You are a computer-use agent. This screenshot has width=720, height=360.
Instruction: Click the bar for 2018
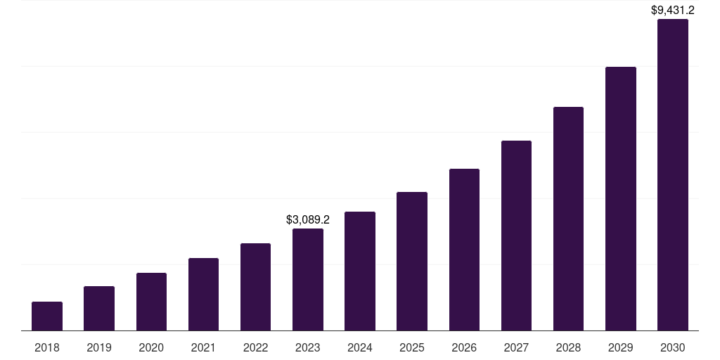click(x=47, y=316)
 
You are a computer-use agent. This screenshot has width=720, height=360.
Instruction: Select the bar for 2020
click(x=151, y=302)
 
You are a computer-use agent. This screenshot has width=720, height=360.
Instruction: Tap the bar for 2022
click(x=255, y=287)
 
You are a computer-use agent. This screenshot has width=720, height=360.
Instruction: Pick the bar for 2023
click(x=308, y=279)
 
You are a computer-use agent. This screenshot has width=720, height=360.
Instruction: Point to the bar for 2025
click(x=412, y=261)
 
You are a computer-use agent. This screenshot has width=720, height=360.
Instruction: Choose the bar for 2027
click(x=516, y=236)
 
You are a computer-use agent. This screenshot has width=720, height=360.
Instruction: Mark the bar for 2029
click(x=621, y=198)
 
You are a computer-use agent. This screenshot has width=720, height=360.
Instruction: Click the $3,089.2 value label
click(x=308, y=220)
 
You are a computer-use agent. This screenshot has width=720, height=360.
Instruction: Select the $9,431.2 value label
click(x=673, y=10)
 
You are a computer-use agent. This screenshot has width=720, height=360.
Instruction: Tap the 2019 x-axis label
click(x=99, y=347)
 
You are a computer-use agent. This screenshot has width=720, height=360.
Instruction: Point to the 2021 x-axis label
click(x=203, y=347)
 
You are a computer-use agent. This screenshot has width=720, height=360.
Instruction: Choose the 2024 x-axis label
click(x=360, y=347)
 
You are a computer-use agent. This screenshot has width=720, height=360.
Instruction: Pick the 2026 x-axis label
click(x=464, y=347)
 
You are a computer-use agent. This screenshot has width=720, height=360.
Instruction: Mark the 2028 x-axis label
click(x=568, y=347)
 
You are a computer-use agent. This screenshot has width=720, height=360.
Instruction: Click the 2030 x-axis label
click(x=673, y=347)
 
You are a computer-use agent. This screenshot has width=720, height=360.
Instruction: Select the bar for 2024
click(x=360, y=271)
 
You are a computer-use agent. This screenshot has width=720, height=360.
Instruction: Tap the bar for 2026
click(x=464, y=250)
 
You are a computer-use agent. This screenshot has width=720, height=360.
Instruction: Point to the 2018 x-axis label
click(x=47, y=347)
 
